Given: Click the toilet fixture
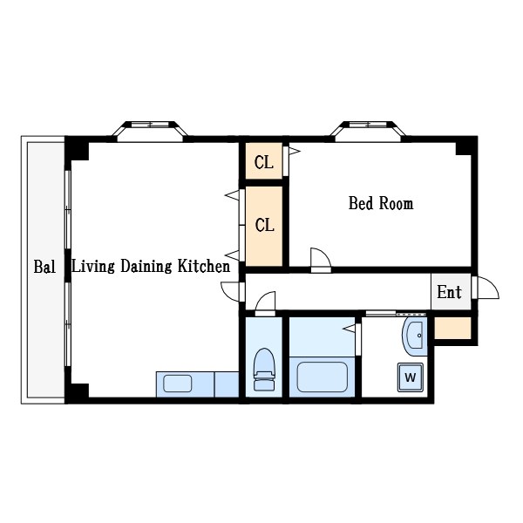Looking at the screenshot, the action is click(x=264, y=370).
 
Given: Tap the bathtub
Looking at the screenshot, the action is click(x=322, y=377).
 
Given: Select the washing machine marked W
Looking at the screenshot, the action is click(x=411, y=377).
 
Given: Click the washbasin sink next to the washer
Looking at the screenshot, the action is click(x=414, y=336).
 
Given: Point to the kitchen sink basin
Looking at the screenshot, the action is click(x=178, y=384).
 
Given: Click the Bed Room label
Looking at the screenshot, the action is click(x=381, y=203).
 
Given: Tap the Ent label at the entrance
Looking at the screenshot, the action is click(x=449, y=292).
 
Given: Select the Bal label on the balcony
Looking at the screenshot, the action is click(x=44, y=267).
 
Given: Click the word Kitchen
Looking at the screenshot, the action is click(x=204, y=266).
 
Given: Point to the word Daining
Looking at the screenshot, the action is click(x=146, y=267).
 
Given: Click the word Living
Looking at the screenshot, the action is click(x=93, y=267).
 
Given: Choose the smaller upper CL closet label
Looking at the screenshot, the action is click(x=264, y=162).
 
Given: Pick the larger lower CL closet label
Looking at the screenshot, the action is click(x=264, y=225).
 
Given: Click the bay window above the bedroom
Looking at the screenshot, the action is click(x=368, y=130).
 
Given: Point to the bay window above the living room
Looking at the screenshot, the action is click(x=150, y=130).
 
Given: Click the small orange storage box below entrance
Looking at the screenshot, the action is click(x=452, y=328).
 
